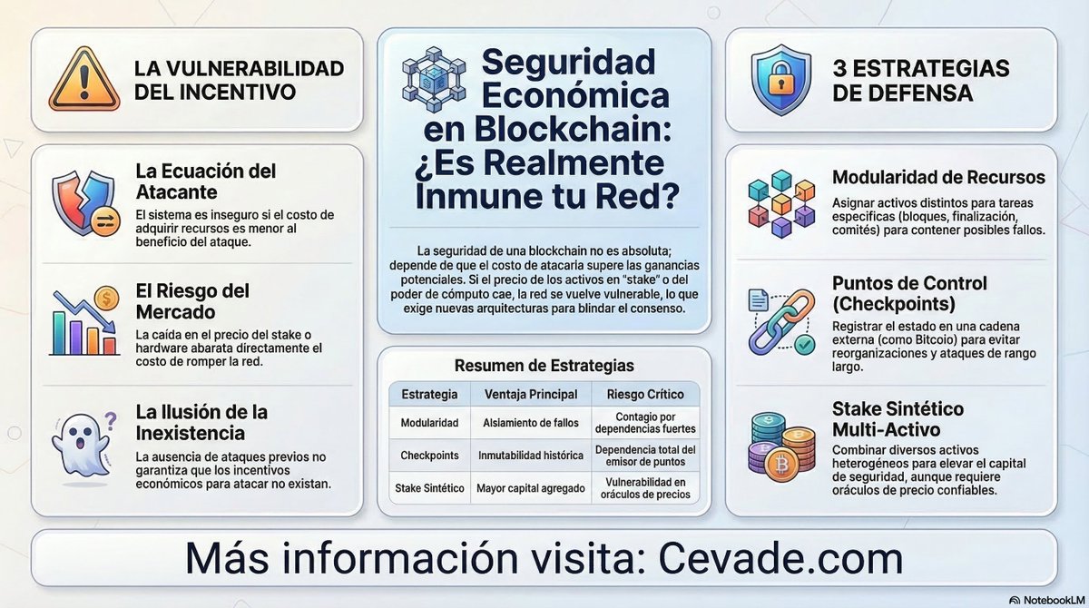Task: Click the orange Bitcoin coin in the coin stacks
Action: [x=779, y=465]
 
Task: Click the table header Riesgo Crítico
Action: [x=646, y=394]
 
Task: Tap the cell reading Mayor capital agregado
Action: [x=531, y=487]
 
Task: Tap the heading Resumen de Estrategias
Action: [x=544, y=366]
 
